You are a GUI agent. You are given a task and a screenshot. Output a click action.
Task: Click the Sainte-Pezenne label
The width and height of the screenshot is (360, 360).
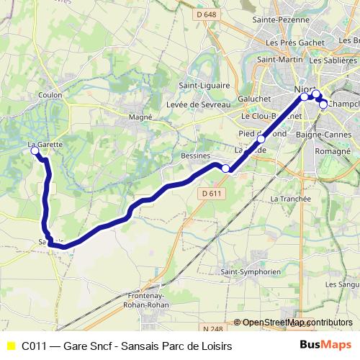[x=275, y=22]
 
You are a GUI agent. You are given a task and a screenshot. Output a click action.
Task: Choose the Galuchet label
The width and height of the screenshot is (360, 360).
[x=254, y=99]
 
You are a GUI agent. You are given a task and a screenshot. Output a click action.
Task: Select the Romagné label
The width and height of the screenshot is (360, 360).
[x=331, y=153]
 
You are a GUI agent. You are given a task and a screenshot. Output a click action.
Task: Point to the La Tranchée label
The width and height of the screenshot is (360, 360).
[x=290, y=199]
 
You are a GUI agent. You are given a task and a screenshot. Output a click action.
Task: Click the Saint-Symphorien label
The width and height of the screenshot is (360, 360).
[x=251, y=272]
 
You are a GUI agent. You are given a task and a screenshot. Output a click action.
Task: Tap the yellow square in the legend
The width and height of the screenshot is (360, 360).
[x=10, y=346]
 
